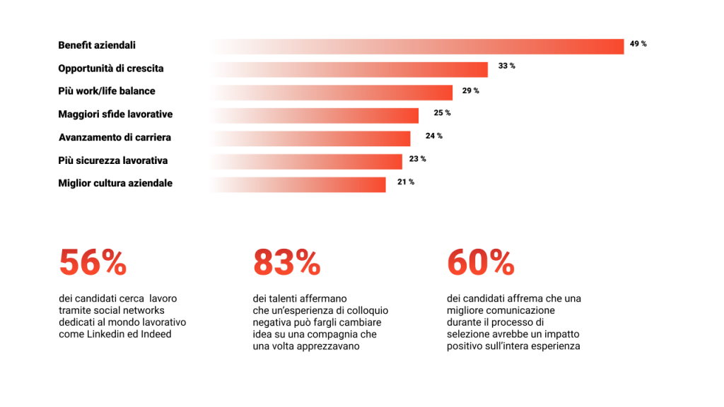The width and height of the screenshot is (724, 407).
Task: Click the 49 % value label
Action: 638,44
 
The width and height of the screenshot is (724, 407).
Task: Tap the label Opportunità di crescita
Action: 110,69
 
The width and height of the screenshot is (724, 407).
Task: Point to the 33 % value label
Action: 506,66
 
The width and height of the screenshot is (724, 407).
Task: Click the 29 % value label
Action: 470,90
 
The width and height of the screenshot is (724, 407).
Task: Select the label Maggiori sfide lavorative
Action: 115,114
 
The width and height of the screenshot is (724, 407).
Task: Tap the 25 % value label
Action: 442,113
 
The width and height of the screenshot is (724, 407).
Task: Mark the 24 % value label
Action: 434,136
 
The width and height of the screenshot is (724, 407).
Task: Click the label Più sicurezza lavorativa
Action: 112,160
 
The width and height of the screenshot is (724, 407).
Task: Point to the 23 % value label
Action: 417,159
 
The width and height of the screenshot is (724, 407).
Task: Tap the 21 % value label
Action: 405,182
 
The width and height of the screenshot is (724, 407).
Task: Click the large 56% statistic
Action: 93,263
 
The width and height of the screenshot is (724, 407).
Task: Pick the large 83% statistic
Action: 286,263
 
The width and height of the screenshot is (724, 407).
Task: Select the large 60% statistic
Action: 480,263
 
